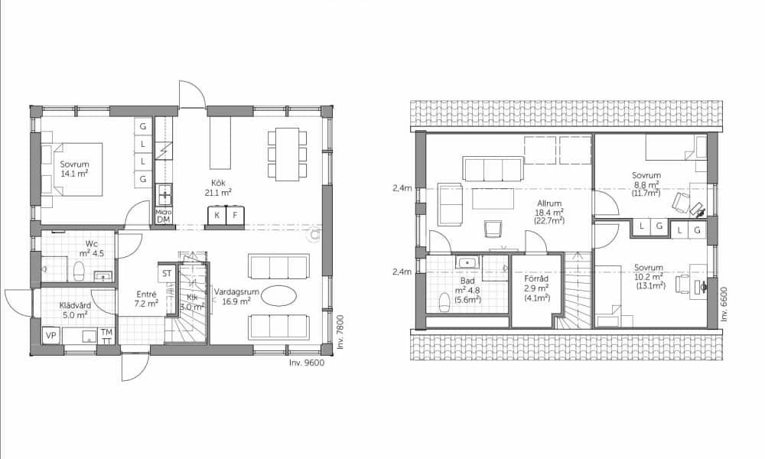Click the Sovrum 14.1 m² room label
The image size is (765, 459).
point(75,169)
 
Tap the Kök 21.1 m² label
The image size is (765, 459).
point(218,187)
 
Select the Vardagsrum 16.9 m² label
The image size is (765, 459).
point(236,297)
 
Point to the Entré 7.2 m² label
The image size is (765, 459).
point(146,298)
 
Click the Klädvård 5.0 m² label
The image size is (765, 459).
point(75,311)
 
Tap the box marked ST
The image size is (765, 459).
point(167,273)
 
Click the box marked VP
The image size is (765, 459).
point(50,336)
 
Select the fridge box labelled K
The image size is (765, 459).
point(216,215)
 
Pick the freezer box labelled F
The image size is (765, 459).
point(235,215)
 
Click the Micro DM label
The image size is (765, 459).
point(163,216)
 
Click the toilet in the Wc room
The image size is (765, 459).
point(78,272)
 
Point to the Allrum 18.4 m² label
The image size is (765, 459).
point(549,212)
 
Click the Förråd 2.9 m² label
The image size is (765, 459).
point(537,288)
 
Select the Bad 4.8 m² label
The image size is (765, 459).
point(467,290)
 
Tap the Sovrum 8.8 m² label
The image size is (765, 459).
point(646,184)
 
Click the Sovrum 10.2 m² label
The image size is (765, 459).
point(649,277)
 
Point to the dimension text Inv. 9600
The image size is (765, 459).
point(307,363)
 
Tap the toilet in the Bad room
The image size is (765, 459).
point(444,301)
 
